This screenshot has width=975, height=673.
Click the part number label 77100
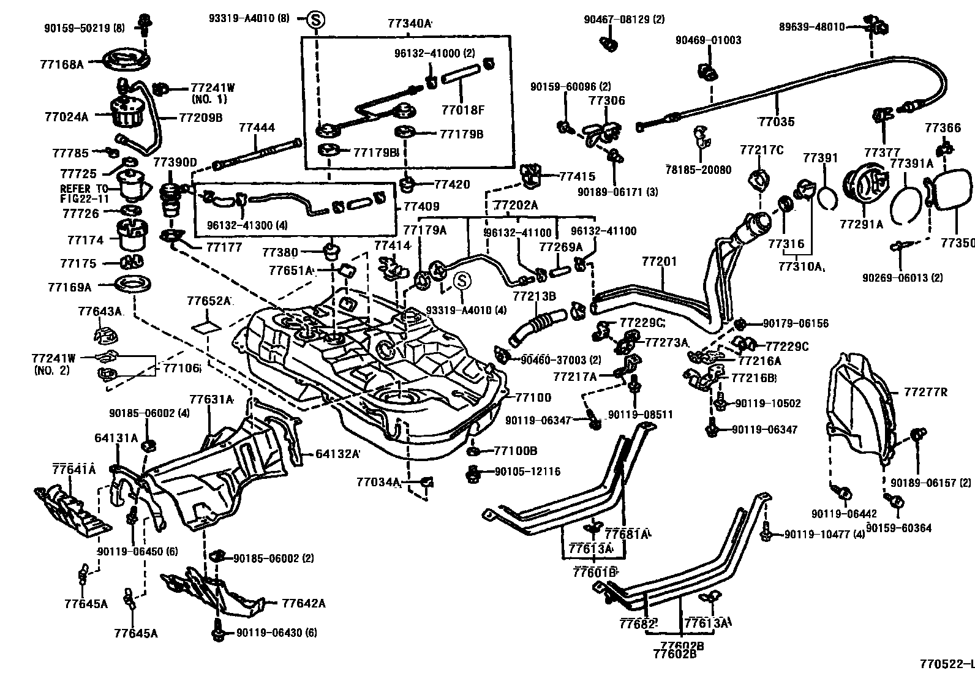pos(533,397)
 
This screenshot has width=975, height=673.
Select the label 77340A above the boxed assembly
pos(410,24)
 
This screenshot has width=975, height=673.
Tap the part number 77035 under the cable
pos(776,121)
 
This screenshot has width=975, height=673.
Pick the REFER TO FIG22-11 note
pos(83,194)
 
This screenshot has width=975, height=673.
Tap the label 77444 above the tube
pos(257,129)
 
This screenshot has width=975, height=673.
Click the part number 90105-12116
pos(527,472)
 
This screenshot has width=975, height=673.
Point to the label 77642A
pos(304,603)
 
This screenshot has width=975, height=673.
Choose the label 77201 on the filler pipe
pos(659,262)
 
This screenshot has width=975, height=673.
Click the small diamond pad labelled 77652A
pos(208,325)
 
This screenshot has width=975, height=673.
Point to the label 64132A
pos(337,454)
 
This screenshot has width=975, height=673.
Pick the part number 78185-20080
pos(698,170)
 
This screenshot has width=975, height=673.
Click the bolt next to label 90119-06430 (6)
pos(217,632)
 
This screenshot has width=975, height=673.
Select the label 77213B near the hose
pos(534,296)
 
